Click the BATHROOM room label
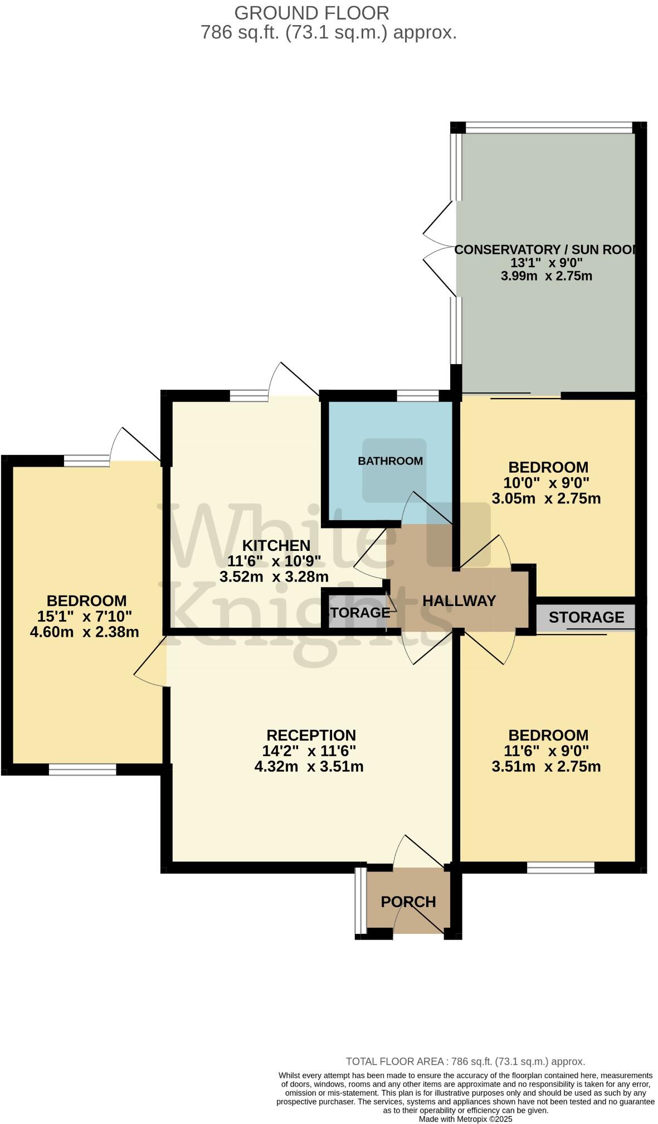(x=390, y=461)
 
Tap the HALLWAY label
(x=459, y=601)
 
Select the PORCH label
(x=408, y=902)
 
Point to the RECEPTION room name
(x=311, y=735)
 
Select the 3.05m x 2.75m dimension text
(x=546, y=498)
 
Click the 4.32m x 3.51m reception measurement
(x=309, y=767)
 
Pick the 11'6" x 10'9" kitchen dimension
(x=274, y=561)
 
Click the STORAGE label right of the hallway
(x=586, y=617)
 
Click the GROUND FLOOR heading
(x=311, y=12)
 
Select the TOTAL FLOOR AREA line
(x=465, y=1062)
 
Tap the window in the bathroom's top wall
(x=418, y=396)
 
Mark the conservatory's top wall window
(x=549, y=127)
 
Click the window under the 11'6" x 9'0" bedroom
(x=560, y=868)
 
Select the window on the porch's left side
(x=361, y=900)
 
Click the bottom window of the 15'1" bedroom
(x=82, y=770)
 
